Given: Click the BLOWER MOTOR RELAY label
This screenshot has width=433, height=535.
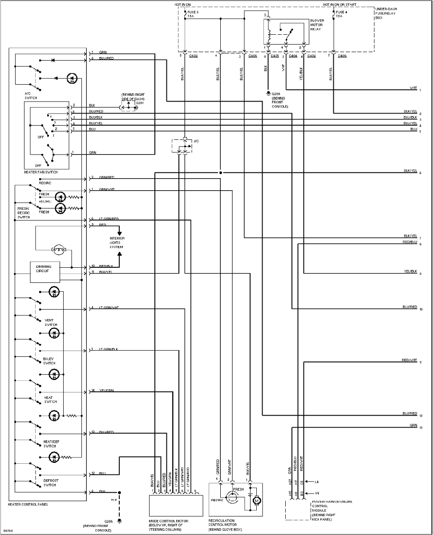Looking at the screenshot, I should [317, 25].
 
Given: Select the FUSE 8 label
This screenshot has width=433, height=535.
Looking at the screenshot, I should [192, 13].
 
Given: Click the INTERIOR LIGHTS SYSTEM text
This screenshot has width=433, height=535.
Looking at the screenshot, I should [117, 243].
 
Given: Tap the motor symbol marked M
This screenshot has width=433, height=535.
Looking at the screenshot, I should [256, 501].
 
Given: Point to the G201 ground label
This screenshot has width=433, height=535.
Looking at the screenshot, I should [140, 102].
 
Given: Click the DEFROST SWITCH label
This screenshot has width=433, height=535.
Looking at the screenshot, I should [51, 483].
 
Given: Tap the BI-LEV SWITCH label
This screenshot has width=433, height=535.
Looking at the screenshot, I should [49, 361].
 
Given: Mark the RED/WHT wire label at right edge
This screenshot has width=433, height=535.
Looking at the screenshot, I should [409, 359].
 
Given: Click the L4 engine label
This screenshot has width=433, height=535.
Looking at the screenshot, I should [317, 482].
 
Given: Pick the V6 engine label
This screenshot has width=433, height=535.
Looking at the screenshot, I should [317, 493].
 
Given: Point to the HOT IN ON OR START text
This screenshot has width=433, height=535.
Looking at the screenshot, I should [340, 4].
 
